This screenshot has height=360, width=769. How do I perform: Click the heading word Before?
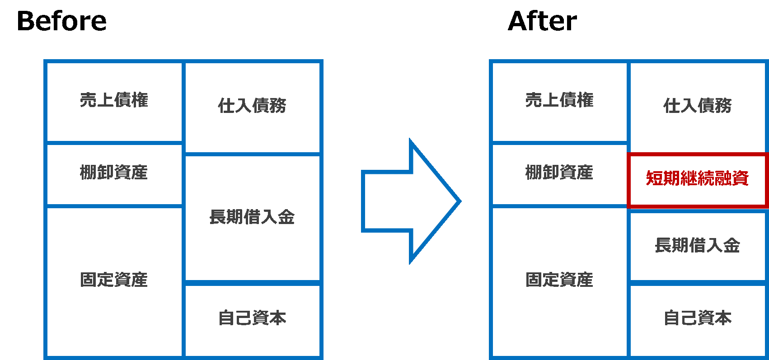coord(61,21)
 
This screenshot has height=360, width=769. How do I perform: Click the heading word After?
coord(542,21)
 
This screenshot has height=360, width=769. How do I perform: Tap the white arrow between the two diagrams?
coord(407,201)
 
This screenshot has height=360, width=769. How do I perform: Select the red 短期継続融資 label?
coord(697,178)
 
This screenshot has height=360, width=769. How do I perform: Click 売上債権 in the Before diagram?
coord(114,100)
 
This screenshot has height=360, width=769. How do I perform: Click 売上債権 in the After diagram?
coord(559,100)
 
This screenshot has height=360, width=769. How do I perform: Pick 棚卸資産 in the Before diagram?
coord(114,172)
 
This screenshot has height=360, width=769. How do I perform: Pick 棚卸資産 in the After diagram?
coord(559,172)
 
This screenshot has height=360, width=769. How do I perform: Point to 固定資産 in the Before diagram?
coord(114,280)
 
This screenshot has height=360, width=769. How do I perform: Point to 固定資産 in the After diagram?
coord(559,280)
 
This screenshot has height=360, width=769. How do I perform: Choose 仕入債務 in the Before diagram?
coord(252,106)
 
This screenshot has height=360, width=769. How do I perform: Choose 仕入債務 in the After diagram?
coord(697,106)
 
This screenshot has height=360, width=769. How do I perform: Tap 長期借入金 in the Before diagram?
coord(252,217)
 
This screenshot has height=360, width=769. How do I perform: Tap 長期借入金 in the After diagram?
coord(697,245)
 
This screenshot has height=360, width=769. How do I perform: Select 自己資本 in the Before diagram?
coord(252,318)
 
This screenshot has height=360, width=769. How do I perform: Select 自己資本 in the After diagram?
coord(697,318)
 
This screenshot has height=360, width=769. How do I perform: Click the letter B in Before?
coord(26,21)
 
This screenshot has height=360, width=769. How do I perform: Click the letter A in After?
coord(518,21)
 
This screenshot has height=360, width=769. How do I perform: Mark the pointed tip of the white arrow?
coord(458,201)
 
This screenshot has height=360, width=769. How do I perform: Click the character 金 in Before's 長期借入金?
coord(286,217)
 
